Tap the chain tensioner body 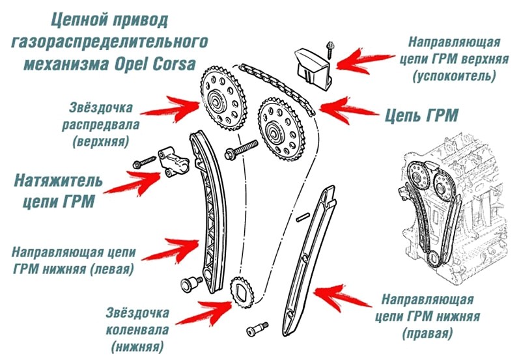(173, 161)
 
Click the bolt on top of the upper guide (331, 47)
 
